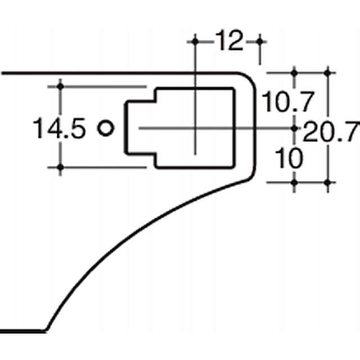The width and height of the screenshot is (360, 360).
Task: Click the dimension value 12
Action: pos(229,40)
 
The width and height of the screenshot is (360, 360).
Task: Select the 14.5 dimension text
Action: pos(59,128)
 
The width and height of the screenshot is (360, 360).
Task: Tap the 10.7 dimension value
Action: pos(287,101)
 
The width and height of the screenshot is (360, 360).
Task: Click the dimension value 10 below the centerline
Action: pos(289,158)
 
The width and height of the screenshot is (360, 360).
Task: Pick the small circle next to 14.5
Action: pos(106,128)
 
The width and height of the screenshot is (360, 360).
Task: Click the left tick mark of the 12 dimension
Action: pos(195,42)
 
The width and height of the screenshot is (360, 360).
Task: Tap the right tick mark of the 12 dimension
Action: pos(260,42)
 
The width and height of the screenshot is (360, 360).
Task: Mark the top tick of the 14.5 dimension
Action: pos(60,87)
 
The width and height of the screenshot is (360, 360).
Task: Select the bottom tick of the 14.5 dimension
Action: pos(60,168)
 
